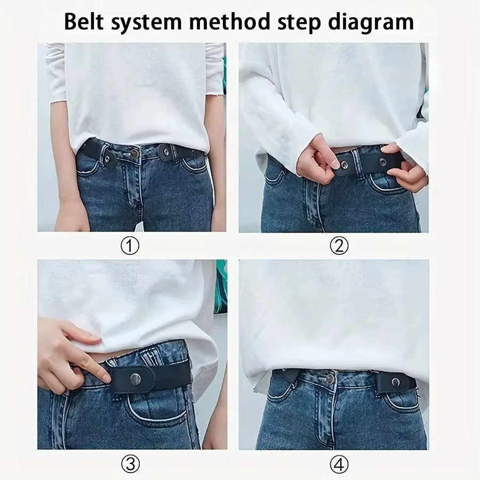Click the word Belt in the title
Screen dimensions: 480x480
[x=89, y=22]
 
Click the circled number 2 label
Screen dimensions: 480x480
[x=339, y=246]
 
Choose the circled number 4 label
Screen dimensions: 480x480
[x=339, y=464]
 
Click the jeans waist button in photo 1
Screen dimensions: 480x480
[x=135, y=154]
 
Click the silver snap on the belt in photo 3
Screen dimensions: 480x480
[x=136, y=378]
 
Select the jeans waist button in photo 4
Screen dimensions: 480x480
[x=330, y=378]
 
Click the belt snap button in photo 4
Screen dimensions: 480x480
[x=396, y=381]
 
